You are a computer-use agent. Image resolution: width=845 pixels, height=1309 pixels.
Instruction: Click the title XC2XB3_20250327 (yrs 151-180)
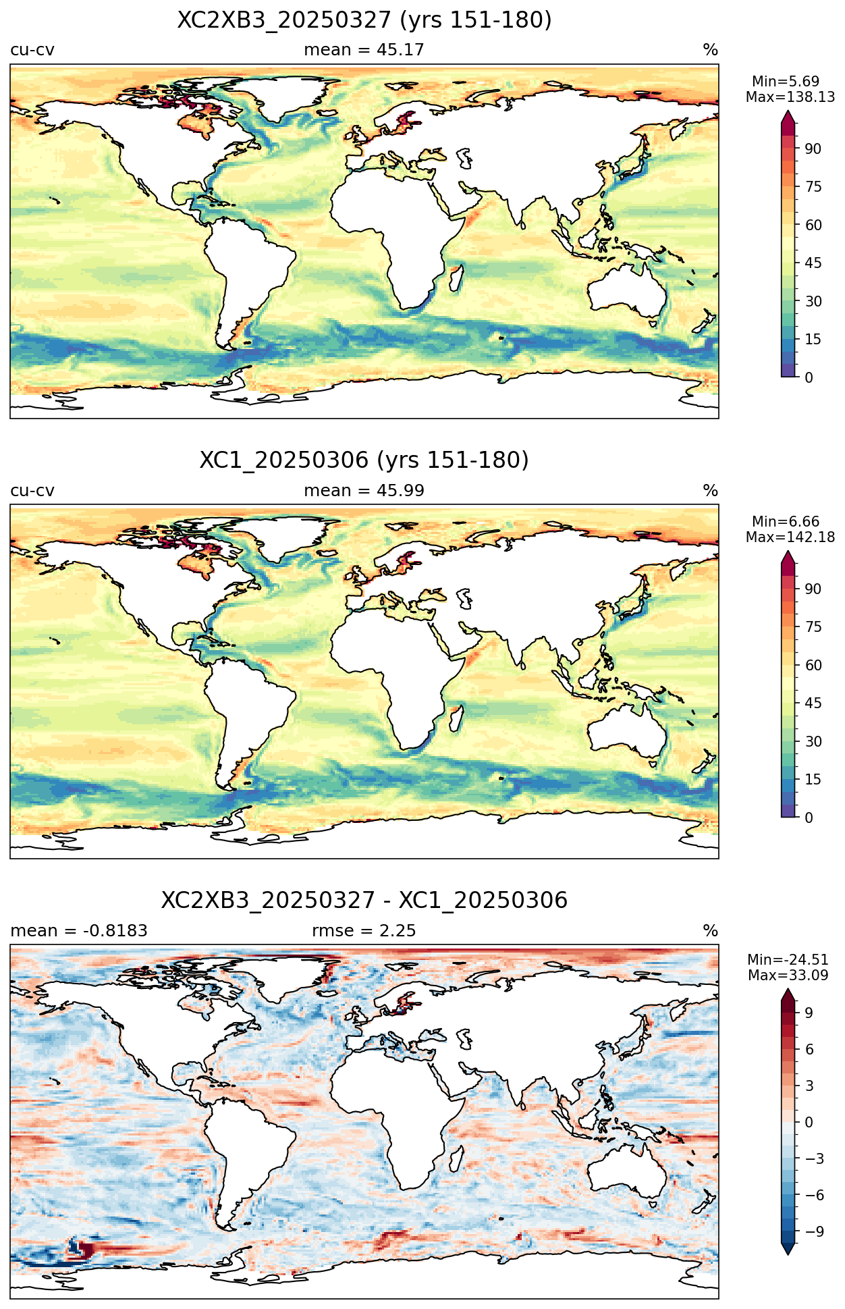[364, 20]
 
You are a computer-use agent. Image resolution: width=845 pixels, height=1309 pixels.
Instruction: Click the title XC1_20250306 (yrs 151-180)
[364, 460]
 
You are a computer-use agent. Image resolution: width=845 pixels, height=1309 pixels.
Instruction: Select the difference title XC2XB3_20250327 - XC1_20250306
[364, 901]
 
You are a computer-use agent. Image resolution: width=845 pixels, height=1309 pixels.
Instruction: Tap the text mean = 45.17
[364, 50]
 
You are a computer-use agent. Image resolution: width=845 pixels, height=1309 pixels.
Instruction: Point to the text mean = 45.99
[364, 491]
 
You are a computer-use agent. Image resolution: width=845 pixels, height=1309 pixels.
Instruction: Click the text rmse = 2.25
[364, 931]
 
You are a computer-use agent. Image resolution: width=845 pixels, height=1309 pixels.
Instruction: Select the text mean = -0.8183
[79, 931]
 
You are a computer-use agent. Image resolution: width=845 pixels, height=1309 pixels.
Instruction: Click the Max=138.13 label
[790, 97]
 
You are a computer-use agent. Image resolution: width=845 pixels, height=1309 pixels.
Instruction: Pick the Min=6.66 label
[786, 522]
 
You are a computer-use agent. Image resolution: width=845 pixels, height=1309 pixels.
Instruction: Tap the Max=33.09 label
[788, 976]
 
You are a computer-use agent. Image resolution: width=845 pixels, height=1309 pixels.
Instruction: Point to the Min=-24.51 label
[788, 960]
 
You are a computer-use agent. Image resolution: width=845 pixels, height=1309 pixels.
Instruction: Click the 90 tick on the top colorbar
[813, 149]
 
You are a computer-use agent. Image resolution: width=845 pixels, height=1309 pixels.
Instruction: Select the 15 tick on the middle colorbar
[813, 780]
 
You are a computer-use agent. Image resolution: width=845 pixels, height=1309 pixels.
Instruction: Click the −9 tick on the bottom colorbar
[814, 1231]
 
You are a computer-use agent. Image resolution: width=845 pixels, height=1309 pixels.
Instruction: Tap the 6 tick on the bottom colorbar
[809, 1049]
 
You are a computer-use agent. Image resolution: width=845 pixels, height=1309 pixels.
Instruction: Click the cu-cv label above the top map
[32, 50]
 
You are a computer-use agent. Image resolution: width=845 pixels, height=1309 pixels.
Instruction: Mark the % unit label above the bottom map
[711, 931]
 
